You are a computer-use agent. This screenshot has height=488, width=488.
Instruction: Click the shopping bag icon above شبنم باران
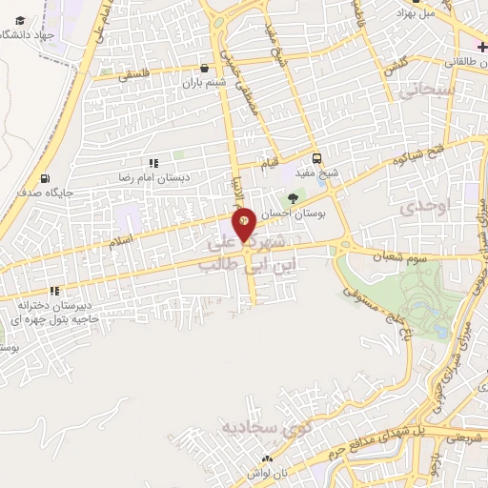[205, 69]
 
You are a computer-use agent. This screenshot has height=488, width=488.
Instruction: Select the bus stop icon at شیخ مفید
[316, 159]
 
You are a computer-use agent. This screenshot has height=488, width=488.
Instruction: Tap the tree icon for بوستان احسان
[293, 198]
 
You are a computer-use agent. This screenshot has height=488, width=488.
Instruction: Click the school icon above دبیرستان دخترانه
[55, 291]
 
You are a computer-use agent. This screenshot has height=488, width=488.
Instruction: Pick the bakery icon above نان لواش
[269, 459]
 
